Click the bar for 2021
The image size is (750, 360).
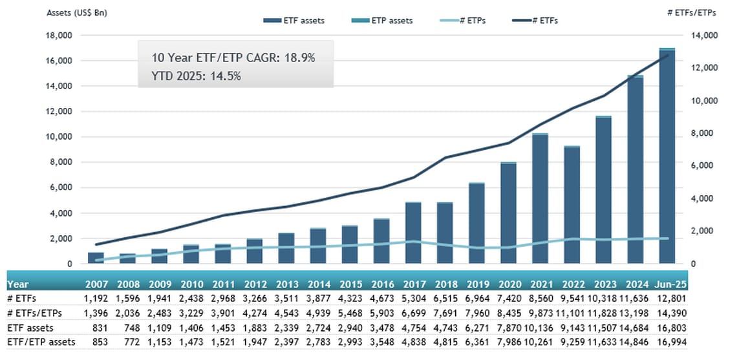541,198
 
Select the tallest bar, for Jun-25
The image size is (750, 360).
667,156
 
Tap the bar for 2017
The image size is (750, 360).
413,233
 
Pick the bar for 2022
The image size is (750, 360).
572,205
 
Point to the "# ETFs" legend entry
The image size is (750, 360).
535,21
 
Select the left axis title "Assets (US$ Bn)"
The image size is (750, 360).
76,13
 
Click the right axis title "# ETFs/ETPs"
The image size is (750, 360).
692,13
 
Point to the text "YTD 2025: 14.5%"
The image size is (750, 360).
196,76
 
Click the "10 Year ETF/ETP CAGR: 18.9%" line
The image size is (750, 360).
233,58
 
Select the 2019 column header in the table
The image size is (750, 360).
477,284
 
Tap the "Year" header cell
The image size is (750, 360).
17,284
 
